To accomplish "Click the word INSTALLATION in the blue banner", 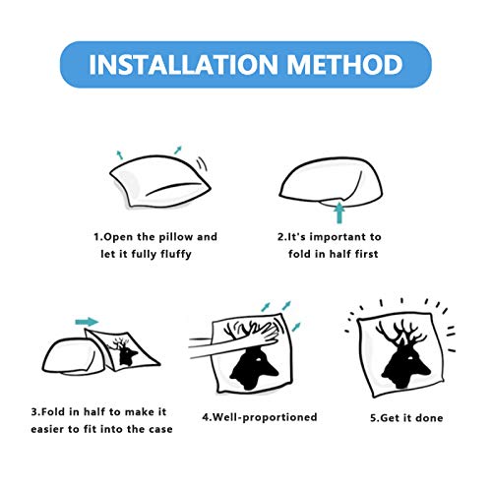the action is pyautogui.click(x=183, y=64).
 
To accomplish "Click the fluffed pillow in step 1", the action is pyautogui.click(x=159, y=181).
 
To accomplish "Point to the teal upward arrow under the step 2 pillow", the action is pyautogui.click(x=339, y=213).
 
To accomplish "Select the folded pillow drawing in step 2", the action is pyautogui.click(x=331, y=183).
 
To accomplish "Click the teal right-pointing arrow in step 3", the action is pyautogui.click(x=87, y=322).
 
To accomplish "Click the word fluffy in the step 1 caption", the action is pyautogui.click(x=176, y=254).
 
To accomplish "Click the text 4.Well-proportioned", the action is pyautogui.click(x=260, y=417).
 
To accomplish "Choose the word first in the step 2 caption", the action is pyautogui.click(x=366, y=254).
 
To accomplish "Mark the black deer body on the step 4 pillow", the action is pyautogui.click(x=254, y=369).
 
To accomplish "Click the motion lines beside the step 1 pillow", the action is pyautogui.click(x=202, y=163).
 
